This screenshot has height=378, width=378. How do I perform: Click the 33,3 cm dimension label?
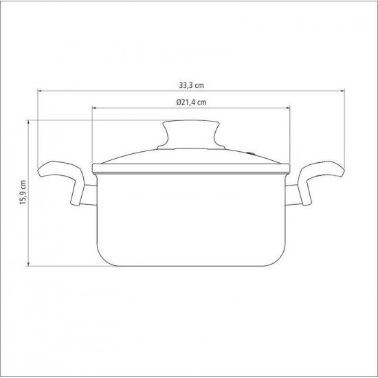(x=191, y=85)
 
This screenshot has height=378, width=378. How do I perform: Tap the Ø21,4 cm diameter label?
(x=191, y=102)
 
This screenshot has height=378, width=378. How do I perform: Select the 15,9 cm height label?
(x=23, y=192)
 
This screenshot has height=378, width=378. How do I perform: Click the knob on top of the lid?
(x=191, y=134)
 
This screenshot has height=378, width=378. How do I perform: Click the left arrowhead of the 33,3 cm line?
(x=40, y=91)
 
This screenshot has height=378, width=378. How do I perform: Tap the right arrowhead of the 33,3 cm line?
(x=342, y=91)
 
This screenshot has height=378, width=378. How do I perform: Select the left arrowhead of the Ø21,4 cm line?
(x=95, y=108)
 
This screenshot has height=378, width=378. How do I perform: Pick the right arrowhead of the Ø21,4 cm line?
(x=287, y=108)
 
